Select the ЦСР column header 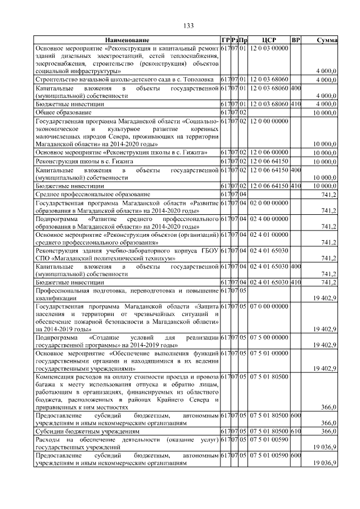pyautogui.click(x=269, y=40)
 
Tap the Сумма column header pyautogui.click(x=326, y=40)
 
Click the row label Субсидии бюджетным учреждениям pyautogui.click(x=80, y=430)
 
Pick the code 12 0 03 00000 pyautogui.click(x=269, y=48)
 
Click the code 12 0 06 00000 pyautogui.click(x=269, y=152)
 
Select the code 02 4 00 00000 pyautogui.click(x=269, y=218)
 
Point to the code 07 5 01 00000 pyautogui.click(x=269, y=353)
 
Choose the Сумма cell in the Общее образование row pyautogui.click(x=326, y=112)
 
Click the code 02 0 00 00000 pyautogui.click(x=269, y=202)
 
